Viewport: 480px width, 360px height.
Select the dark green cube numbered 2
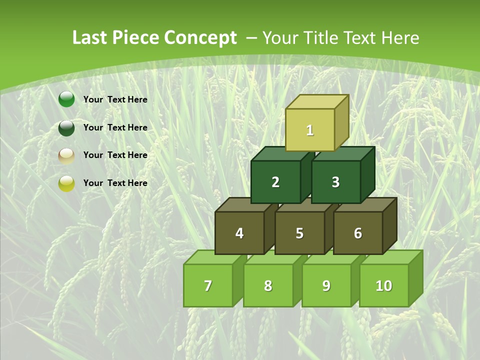click(x=275, y=182)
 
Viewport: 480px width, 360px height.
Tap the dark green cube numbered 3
click(x=335, y=182)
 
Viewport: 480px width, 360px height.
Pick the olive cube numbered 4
click(x=239, y=233)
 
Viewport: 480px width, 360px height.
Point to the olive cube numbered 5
click(x=299, y=233)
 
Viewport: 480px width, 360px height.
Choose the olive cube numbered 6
click(x=358, y=233)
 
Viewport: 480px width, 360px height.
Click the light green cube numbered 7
click(x=208, y=285)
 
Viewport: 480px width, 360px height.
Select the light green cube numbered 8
click(x=268, y=285)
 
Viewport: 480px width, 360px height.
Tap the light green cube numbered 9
click(x=326, y=285)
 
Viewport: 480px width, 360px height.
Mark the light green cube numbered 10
click(x=384, y=285)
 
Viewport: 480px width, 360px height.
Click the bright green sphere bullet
click(x=66, y=99)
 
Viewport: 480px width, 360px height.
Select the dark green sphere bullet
click(x=66, y=128)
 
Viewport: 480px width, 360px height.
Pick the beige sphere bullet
click(x=66, y=156)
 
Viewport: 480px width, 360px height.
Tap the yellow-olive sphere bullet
click(x=66, y=183)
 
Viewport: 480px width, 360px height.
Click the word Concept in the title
click(x=200, y=38)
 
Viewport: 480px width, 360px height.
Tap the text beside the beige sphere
click(x=115, y=155)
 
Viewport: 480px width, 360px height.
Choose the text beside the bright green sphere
click(x=115, y=99)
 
